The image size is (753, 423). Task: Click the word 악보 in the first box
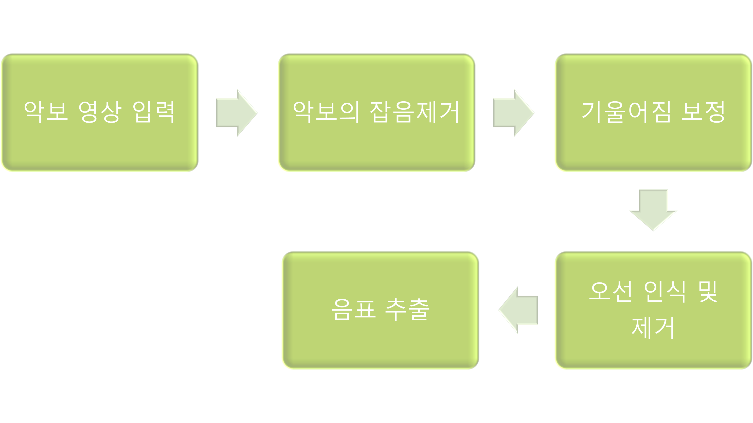(x=46, y=112)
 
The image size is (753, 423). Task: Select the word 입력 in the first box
(x=153, y=112)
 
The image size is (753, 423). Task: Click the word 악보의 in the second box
(x=326, y=112)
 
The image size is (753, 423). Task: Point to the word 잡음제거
(x=415, y=112)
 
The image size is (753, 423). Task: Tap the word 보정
(x=703, y=112)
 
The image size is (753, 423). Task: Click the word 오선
(x=610, y=292)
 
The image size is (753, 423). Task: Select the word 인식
(x=665, y=292)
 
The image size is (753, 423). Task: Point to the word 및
(x=708, y=292)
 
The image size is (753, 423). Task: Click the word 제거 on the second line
(x=653, y=328)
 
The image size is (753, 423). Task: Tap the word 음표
(x=353, y=310)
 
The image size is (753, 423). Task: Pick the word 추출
(x=407, y=310)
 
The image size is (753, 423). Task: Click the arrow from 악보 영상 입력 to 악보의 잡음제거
(x=237, y=113)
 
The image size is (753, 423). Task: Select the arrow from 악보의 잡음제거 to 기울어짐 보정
(x=514, y=113)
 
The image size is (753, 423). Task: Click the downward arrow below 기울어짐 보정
(x=653, y=210)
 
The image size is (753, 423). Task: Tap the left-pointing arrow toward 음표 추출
(x=518, y=310)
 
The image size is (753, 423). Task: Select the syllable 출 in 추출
(x=419, y=310)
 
